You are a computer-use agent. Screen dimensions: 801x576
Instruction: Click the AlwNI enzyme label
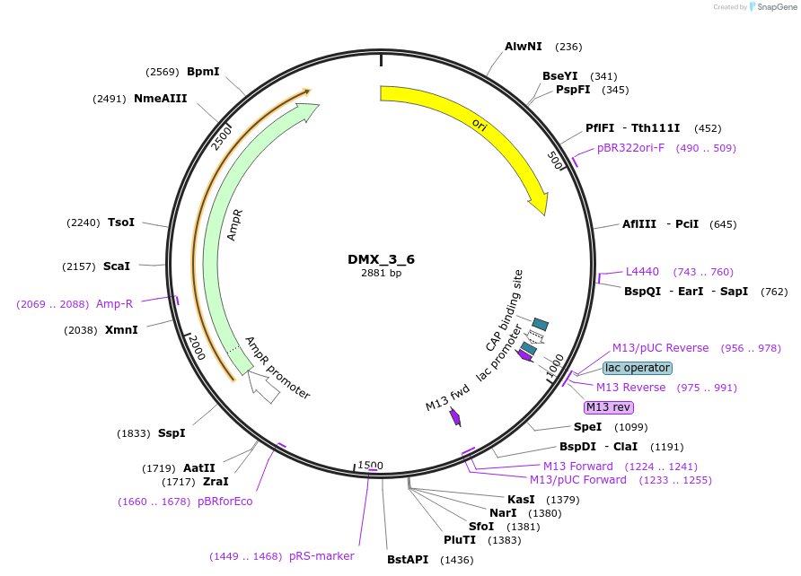pyautogui.click(x=524, y=47)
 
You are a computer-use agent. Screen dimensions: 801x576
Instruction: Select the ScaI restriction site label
pyautogui.click(x=117, y=266)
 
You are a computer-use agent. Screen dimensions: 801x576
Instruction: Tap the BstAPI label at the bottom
pyautogui.click(x=408, y=560)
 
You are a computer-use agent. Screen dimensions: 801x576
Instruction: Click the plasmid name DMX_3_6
pyautogui.click(x=381, y=259)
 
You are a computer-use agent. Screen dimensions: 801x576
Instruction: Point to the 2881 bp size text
pyautogui.click(x=381, y=273)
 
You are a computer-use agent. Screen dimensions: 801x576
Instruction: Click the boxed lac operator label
pyautogui.click(x=637, y=368)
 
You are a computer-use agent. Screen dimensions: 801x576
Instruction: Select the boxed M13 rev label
pyautogui.click(x=609, y=407)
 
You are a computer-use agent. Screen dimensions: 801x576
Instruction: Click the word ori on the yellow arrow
pyautogui.click(x=480, y=125)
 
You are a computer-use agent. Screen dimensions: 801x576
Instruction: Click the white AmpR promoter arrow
pyautogui.click(x=263, y=387)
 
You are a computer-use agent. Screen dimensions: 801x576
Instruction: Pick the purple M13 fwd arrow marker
pyautogui.click(x=455, y=417)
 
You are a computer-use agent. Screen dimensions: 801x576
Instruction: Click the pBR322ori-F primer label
pyautogui.click(x=630, y=148)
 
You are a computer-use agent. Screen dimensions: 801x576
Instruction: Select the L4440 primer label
pyautogui.click(x=642, y=272)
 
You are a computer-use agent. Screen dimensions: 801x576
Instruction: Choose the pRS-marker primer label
pyautogui.click(x=321, y=556)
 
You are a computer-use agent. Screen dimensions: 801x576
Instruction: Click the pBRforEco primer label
pyautogui.click(x=224, y=502)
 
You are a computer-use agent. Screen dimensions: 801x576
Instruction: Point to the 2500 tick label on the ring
pyautogui.click(x=222, y=139)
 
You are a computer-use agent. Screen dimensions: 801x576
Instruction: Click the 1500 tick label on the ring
pyautogui.click(x=370, y=466)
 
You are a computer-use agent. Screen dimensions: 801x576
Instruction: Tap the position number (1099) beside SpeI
pyautogui.click(x=631, y=428)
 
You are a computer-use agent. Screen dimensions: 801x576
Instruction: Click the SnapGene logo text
pyautogui.click(x=777, y=7)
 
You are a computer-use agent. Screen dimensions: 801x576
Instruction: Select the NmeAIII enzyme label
pyautogui.click(x=161, y=99)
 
